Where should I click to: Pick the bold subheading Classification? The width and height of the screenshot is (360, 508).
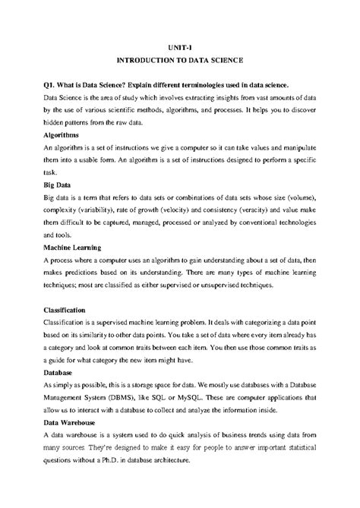coord(68,311)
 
